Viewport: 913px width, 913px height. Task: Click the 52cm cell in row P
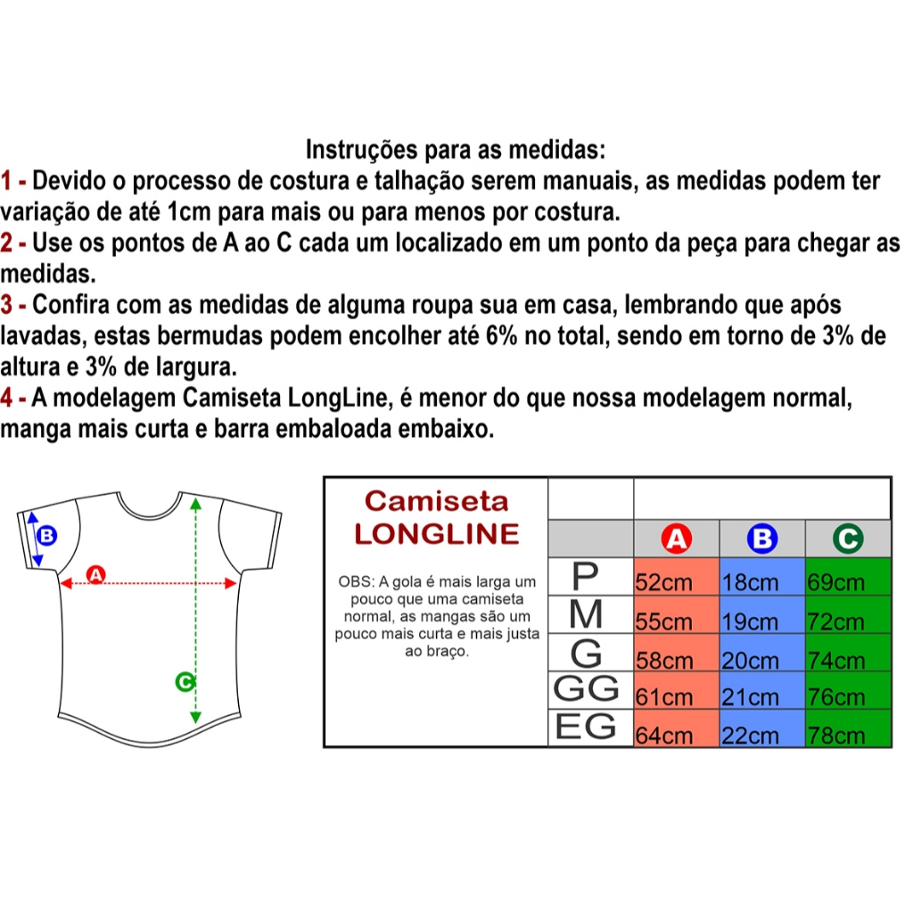point(676,577)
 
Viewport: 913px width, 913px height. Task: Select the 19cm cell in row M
point(762,614)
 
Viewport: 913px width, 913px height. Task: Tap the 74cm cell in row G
point(849,653)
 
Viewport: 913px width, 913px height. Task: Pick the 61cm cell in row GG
point(676,690)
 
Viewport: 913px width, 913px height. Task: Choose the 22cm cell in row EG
point(762,728)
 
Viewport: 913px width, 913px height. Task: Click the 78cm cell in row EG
point(849,728)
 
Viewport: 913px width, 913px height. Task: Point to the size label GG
point(586,689)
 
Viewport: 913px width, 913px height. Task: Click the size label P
point(585,576)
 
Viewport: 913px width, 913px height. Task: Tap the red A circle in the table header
point(676,539)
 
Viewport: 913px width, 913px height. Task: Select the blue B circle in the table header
point(762,539)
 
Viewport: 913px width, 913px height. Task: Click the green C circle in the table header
point(848,539)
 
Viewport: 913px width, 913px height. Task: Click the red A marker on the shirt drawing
point(95,575)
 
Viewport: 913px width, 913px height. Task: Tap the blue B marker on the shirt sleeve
point(46,535)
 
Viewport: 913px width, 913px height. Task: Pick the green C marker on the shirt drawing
point(185,681)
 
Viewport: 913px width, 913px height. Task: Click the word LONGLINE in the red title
point(437,534)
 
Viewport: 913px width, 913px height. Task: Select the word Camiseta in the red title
point(437,501)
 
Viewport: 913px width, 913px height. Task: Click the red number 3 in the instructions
point(6,305)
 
